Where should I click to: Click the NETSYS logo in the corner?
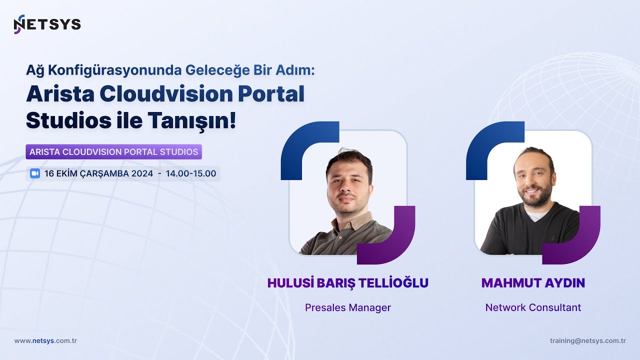pos(47,24)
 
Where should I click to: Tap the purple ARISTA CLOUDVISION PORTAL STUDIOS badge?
pos(114,151)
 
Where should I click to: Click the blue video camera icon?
pos(34,173)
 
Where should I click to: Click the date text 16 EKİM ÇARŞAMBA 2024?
pos(98,173)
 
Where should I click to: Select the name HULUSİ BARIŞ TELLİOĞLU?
pos(348,283)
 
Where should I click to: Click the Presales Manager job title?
pos(348,307)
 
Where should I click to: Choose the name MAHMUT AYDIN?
pos(533,283)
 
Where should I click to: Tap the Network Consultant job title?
pos(533,307)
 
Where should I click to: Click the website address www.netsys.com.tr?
pos(45,340)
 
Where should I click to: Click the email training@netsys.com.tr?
pos(587,340)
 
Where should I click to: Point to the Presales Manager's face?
pos(348,182)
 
